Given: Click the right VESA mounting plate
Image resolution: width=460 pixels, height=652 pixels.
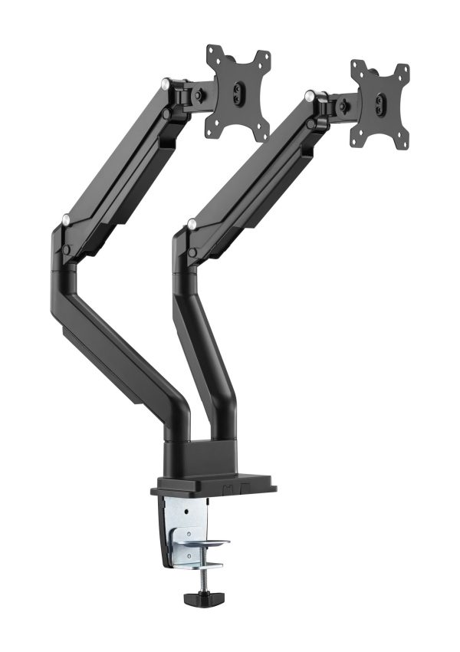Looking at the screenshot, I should tap(379, 104).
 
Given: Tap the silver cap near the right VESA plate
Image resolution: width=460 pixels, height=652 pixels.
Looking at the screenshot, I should tap(308, 96).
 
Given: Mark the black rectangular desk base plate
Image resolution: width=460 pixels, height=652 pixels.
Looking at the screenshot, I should tap(215, 488).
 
